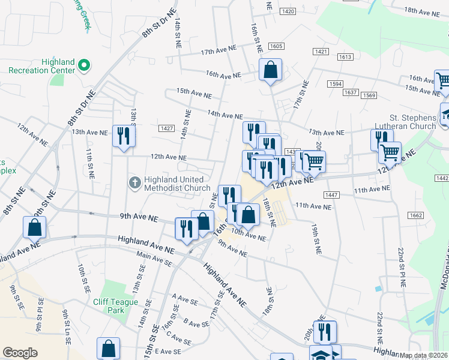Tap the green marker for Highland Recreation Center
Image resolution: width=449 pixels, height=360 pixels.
click(x=85, y=65)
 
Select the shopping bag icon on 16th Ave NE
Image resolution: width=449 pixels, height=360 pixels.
click(x=271, y=69)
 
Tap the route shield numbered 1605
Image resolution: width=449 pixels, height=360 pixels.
click(x=276, y=46)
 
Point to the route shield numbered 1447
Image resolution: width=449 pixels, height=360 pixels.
click(x=331, y=195)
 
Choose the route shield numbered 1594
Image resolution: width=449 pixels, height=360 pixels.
click(x=335, y=85)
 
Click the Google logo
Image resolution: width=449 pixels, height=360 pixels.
click(x=20, y=353)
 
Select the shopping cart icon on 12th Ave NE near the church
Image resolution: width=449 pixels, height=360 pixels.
click(x=390, y=153)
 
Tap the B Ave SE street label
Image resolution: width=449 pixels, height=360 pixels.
click(x=196, y=323)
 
